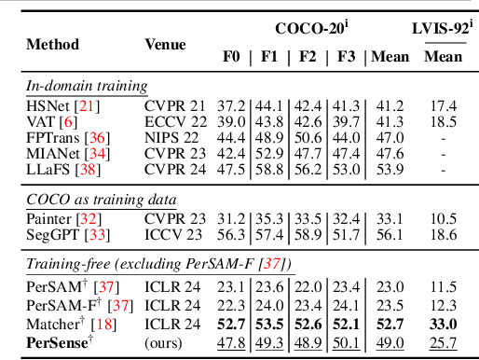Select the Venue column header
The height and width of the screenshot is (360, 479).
click(167, 43)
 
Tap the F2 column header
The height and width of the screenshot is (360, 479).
click(307, 57)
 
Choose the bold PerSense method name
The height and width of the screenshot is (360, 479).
click(58, 344)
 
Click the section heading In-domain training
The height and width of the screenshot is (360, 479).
click(86, 87)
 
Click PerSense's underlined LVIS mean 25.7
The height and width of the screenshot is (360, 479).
click(443, 344)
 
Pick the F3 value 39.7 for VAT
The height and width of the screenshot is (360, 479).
click(344, 122)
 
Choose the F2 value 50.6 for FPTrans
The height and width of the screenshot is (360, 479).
click(308, 138)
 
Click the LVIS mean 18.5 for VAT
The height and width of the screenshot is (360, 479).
click(443, 122)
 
